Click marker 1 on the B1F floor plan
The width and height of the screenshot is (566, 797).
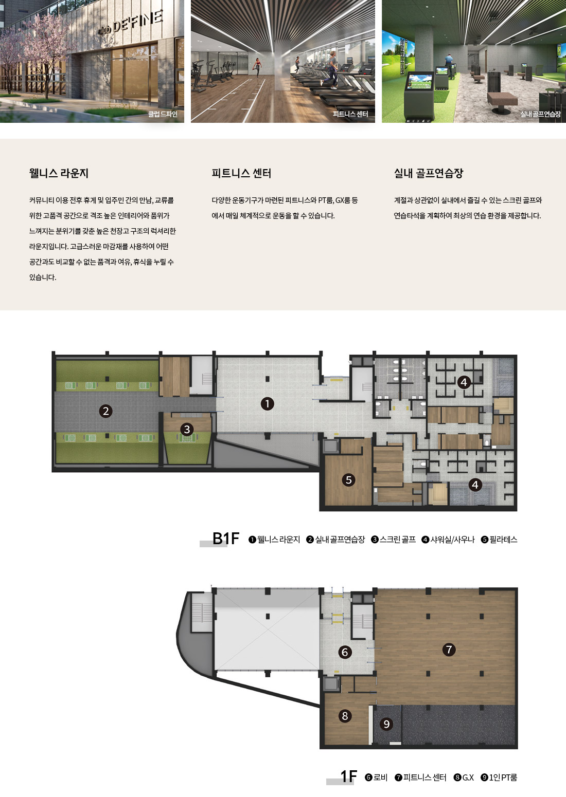click(x=267, y=404)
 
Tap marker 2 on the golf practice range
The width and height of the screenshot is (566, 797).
click(x=105, y=411)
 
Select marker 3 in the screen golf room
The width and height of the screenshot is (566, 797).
click(x=187, y=429)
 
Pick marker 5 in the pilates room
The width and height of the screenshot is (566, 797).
click(x=348, y=480)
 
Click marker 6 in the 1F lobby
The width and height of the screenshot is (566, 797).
click(x=345, y=652)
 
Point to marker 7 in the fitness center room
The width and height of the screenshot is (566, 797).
click(x=449, y=650)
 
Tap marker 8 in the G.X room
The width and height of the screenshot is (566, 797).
click(x=345, y=716)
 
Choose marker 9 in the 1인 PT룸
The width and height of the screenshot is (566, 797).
click(x=386, y=724)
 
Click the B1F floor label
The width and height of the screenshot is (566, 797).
click(x=225, y=538)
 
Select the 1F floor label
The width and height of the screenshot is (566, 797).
click(x=348, y=776)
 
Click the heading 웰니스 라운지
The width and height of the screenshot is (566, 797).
click(x=59, y=173)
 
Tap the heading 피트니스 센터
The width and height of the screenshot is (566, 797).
click(x=241, y=173)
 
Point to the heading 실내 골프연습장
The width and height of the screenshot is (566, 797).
click(x=429, y=173)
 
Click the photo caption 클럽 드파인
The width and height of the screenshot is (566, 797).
click(x=163, y=114)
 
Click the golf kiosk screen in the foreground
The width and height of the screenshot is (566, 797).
click(x=420, y=82)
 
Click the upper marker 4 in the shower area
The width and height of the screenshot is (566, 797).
click(x=464, y=382)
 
